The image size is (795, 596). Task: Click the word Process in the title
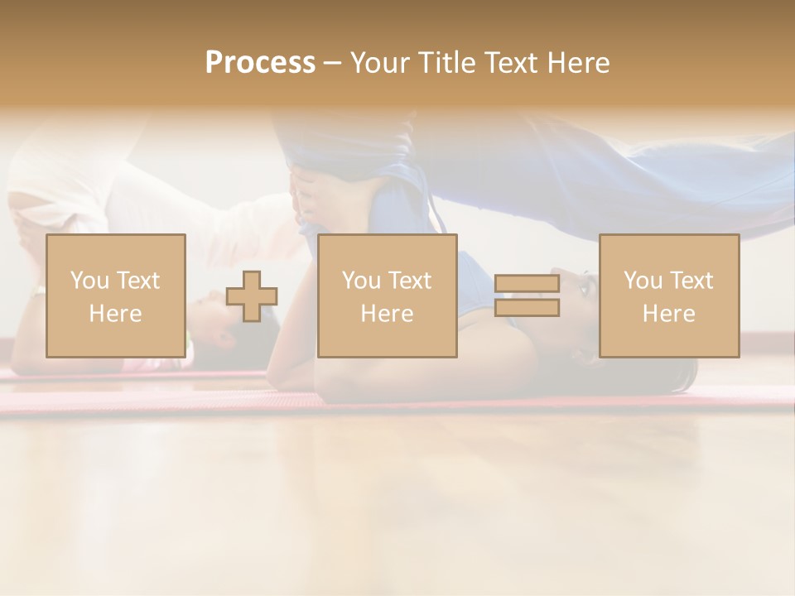tap(260, 63)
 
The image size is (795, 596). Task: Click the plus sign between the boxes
tap(252, 296)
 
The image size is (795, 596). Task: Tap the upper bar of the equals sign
tap(527, 284)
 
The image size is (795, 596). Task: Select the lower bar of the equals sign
tap(527, 308)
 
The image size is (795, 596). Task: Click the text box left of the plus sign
tap(115, 296)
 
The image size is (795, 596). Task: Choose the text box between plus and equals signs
tap(387, 296)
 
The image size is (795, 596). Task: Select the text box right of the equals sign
tap(668, 296)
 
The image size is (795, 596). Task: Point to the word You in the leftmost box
tap(89, 281)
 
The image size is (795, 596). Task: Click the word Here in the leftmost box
tap(115, 314)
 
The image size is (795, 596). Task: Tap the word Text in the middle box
tap(410, 281)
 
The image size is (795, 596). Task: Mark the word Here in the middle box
tap(387, 314)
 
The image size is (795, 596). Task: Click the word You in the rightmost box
tap(643, 281)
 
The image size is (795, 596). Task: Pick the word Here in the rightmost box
tap(668, 314)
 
